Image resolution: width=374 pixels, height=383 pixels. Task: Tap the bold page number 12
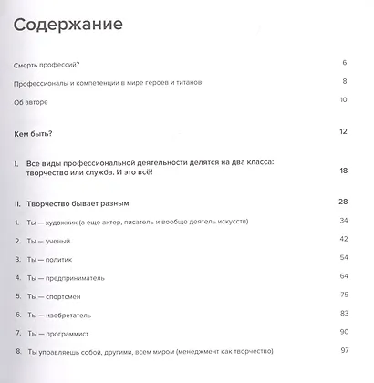tap(343, 132)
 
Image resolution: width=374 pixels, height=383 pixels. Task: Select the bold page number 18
tap(343, 171)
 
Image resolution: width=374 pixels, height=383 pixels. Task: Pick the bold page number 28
tap(343, 202)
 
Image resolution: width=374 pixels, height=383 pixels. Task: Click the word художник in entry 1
tap(73, 223)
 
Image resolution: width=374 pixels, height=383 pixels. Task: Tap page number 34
tap(343, 221)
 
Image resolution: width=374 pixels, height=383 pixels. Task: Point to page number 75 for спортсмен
tap(343, 295)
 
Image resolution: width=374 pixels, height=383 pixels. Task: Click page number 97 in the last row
tap(343, 350)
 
